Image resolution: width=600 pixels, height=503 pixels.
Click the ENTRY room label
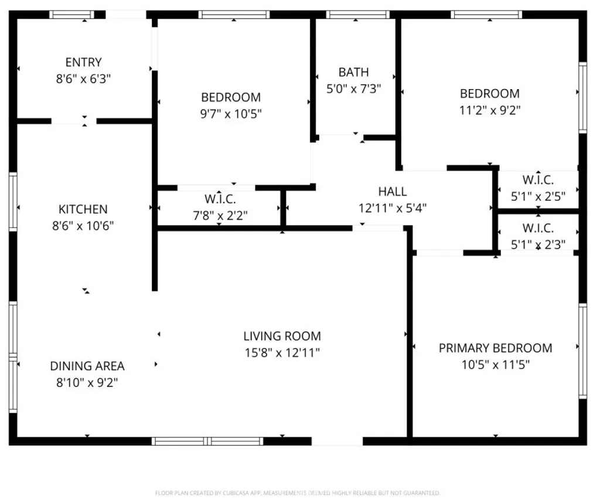[83, 62]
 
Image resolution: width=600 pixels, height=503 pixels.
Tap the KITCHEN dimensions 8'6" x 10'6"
[83, 226]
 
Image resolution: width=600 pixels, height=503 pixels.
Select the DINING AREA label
[87, 366]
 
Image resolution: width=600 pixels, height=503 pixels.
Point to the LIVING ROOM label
[282, 336]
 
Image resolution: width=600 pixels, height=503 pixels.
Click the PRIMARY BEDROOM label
[496, 348]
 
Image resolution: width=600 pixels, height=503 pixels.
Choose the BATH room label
[353, 72]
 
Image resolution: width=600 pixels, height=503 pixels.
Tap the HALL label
[392, 191]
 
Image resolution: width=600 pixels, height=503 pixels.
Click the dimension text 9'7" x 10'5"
[231, 114]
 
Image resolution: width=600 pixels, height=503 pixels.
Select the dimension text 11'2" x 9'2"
[490, 110]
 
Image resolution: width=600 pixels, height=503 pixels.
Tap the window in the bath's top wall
[358, 15]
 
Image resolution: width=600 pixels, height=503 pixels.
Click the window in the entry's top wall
[71, 15]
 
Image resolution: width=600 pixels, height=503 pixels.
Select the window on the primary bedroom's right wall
[583, 351]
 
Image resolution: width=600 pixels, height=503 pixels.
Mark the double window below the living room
[207, 441]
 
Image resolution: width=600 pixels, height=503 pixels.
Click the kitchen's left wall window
[13, 202]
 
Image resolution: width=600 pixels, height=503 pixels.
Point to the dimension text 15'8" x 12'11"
[282, 353]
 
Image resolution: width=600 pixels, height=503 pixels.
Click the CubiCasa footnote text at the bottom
[298, 493]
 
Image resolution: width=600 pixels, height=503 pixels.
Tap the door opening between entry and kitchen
[74, 121]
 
